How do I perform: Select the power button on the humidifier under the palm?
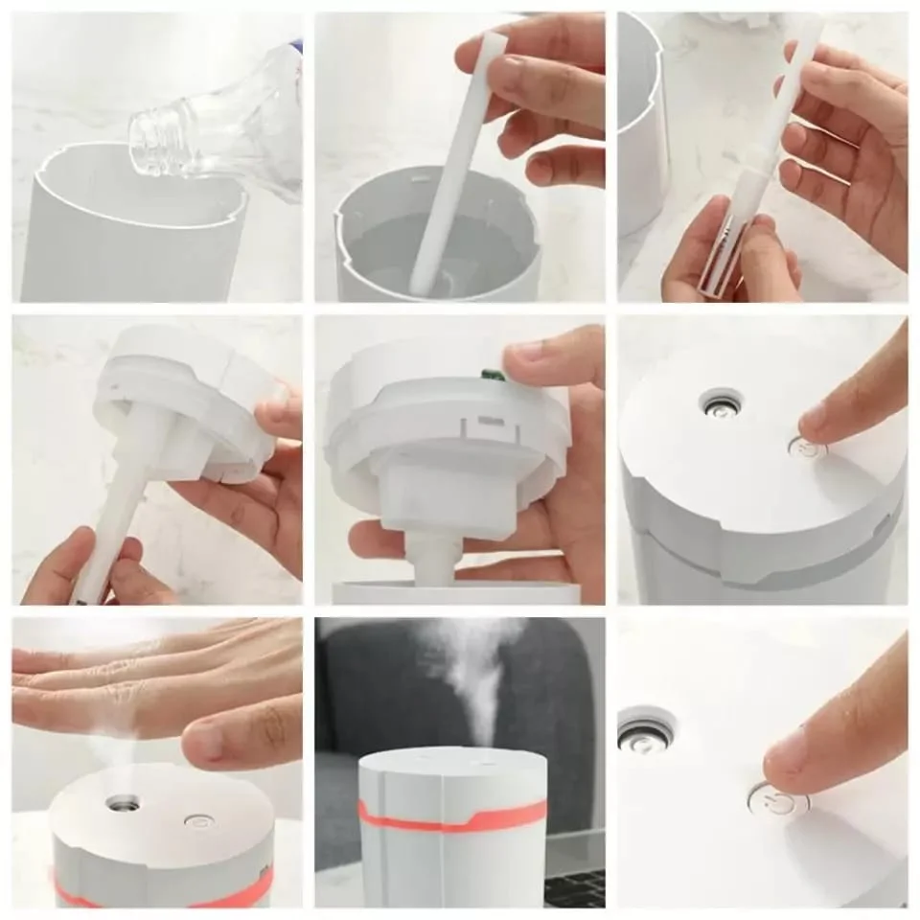pos(197,820)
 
